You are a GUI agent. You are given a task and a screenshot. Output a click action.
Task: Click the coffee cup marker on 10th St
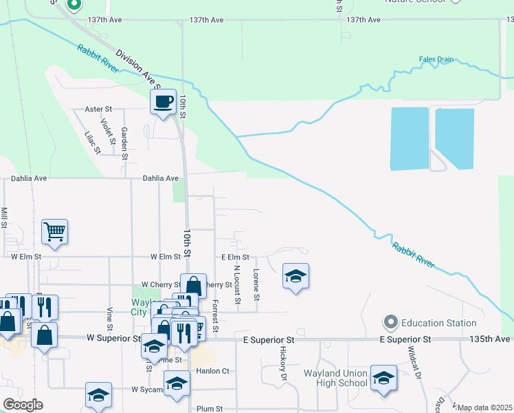[x=163, y=103]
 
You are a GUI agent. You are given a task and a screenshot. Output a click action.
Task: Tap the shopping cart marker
[x=54, y=232]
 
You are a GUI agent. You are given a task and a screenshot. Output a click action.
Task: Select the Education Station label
[x=438, y=323]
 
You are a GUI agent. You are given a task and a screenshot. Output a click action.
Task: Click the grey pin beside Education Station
[x=391, y=322]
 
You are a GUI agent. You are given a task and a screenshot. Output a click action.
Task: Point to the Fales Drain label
[x=436, y=59]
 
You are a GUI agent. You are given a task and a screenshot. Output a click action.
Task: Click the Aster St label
[x=98, y=109]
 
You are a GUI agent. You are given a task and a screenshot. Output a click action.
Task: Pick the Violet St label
[x=107, y=128]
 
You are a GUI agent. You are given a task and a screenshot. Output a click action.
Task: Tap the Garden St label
[x=124, y=143]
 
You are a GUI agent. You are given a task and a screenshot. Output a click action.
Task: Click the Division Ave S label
[x=137, y=69]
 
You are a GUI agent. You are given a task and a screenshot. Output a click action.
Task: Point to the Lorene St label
[x=256, y=285]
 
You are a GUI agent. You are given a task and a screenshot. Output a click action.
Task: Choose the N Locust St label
[x=236, y=284]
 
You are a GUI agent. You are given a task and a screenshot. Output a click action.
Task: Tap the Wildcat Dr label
[x=414, y=358]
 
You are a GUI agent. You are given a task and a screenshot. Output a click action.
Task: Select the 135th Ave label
[x=491, y=339]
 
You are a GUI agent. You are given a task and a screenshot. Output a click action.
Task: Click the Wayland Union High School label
[x=335, y=379]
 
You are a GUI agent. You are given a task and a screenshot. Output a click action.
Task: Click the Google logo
[x=23, y=405]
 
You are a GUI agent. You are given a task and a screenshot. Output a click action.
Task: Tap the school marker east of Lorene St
[x=295, y=277]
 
